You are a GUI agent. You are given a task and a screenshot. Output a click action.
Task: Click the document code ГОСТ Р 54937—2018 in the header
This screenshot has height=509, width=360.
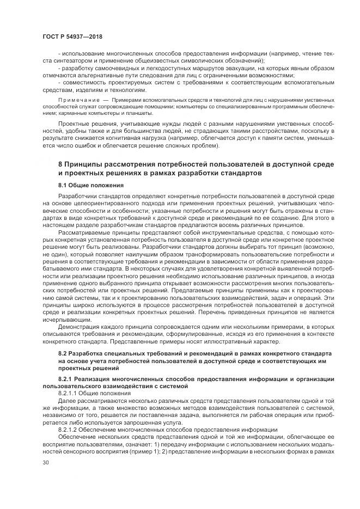pyautogui.click(x=72, y=36)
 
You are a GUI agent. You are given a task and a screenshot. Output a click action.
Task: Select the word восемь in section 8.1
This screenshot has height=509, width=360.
pyautogui.click(x=257, y=225)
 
